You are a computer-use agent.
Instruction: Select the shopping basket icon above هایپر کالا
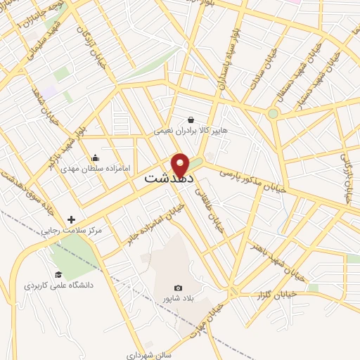click(x=191, y=120)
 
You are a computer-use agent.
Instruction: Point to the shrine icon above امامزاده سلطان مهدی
click(x=96, y=157)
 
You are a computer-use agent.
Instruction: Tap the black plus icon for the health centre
click(x=72, y=219)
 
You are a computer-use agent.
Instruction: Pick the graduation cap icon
click(x=58, y=274)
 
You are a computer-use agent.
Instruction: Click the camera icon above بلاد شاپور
click(x=178, y=288)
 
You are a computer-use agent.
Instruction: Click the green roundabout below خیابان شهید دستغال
click(x=273, y=112)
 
